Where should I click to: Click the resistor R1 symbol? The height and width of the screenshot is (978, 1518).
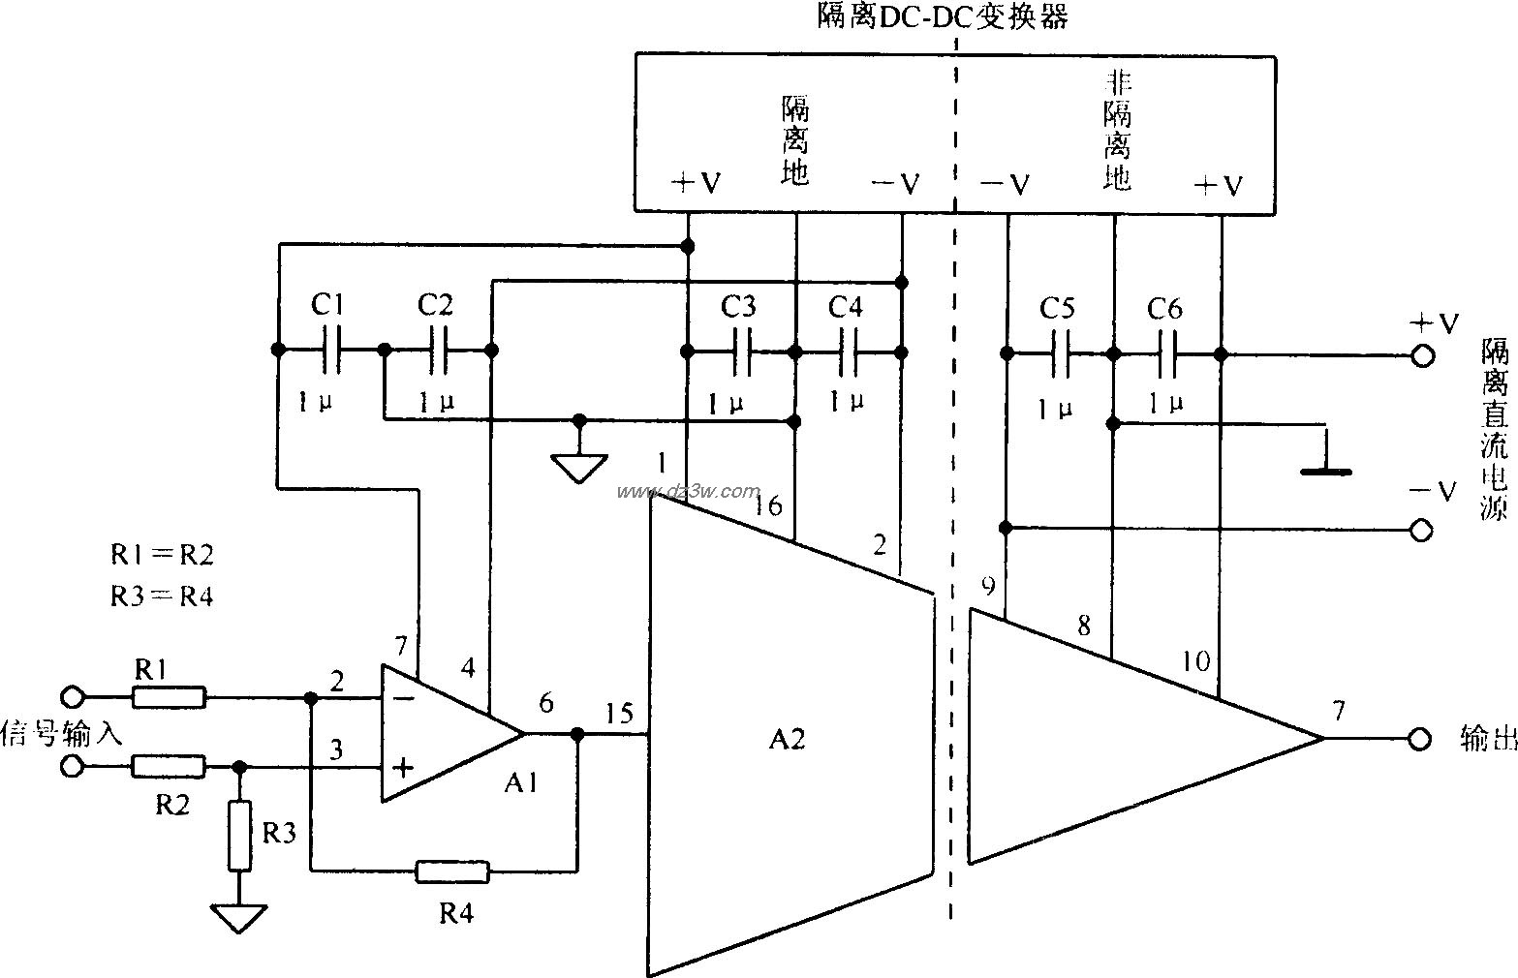(168, 697)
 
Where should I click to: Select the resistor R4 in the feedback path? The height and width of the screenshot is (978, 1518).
(452, 871)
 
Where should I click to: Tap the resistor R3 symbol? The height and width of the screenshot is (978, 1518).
(239, 836)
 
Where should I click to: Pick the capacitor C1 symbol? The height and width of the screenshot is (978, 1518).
(330, 350)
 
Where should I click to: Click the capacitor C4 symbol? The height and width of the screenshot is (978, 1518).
(849, 351)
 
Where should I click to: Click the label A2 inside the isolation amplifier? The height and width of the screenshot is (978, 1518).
(787, 740)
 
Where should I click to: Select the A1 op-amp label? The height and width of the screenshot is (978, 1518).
(520, 784)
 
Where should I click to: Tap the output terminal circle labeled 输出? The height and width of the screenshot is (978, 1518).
(1419, 740)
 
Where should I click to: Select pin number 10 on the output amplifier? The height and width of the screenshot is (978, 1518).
(1196, 661)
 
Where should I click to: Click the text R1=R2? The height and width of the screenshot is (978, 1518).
(161, 554)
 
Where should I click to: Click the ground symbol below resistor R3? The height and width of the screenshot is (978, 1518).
(239, 916)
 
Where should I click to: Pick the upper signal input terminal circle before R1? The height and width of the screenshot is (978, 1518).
(72, 697)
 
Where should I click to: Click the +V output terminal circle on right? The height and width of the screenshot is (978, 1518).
(1421, 355)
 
